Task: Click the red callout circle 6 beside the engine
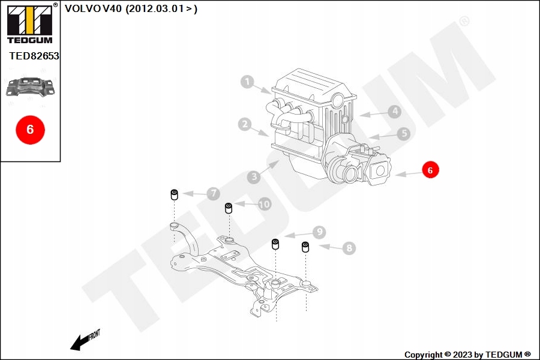pyautogui.click(x=430, y=170)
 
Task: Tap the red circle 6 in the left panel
pyautogui.click(x=30, y=129)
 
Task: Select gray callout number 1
pyautogui.click(x=248, y=82)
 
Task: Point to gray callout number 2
pyautogui.click(x=244, y=125)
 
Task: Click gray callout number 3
pyautogui.click(x=254, y=177)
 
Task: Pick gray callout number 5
pyautogui.click(x=403, y=134)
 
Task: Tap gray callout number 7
pyautogui.click(x=213, y=194)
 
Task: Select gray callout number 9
pyautogui.click(x=319, y=232)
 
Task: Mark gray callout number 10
pyautogui.click(x=264, y=205)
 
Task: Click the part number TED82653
pyautogui.click(x=34, y=56)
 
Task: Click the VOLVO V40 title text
pyautogui.click(x=131, y=8)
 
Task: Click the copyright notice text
pyautogui.click(x=467, y=355)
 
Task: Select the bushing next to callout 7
pyautogui.click(x=175, y=195)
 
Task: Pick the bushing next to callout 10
pyautogui.click(x=229, y=208)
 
